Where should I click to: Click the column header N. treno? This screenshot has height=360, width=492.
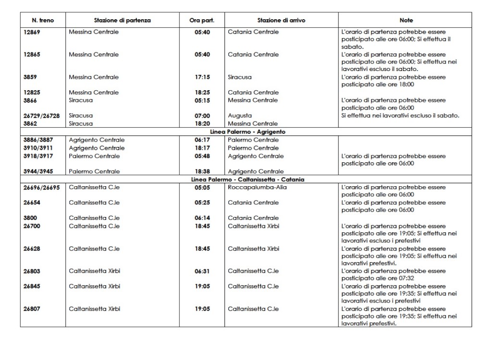[42, 21]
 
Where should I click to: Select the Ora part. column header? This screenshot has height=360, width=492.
[202, 21]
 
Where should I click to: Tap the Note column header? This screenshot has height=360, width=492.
[406, 21]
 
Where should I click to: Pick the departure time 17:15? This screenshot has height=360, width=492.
[202, 77]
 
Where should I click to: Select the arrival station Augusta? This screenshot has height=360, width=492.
[240, 116]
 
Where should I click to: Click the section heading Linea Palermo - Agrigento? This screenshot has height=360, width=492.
[245, 132]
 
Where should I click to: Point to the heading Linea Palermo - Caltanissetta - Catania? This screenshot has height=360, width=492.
[245, 180]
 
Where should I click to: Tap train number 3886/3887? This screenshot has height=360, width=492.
[38, 140]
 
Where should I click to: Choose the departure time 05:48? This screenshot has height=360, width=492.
[202, 156]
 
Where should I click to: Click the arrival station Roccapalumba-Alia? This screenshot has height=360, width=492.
[257, 187]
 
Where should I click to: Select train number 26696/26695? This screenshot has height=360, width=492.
[42, 187]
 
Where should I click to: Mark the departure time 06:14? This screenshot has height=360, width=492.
[202, 218]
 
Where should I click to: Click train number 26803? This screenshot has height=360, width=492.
[32, 271]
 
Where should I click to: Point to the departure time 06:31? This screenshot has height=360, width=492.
[202, 271]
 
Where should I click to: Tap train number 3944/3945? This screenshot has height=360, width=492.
[38, 171]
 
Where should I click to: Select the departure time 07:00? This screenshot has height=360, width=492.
[202, 116]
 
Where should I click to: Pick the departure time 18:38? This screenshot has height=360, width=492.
[202, 171]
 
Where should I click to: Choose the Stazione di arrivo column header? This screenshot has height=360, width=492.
[281, 21]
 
